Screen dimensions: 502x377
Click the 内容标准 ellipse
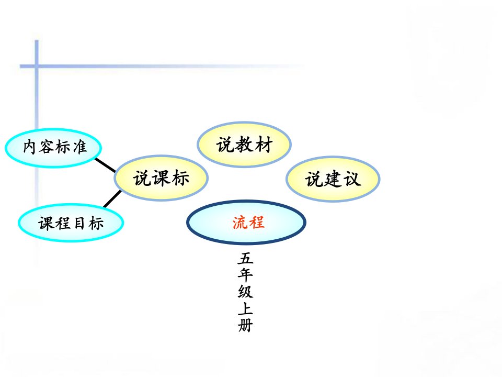pyautogui.click(x=53, y=148)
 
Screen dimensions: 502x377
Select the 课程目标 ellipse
pyautogui.click(x=71, y=223)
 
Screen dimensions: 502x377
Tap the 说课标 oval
pyautogui.click(x=162, y=178)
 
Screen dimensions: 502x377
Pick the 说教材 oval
pyautogui.click(x=244, y=145)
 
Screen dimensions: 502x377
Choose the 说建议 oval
pyautogui.click(x=333, y=179)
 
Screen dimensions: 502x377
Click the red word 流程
pyautogui.click(x=248, y=222)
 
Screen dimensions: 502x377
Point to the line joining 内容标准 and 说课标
pyautogui.click(x=105, y=165)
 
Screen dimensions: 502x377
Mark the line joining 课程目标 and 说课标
pyautogui.click(x=112, y=199)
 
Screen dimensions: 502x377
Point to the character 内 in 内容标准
pyautogui.click(x=29, y=147)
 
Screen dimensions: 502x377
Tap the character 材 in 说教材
pyautogui.click(x=264, y=145)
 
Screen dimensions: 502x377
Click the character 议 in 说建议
pyautogui.click(x=352, y=179)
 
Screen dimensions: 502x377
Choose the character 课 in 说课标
pyautogui.click(x=162, y=178)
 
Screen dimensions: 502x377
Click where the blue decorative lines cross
pyautogui.click(x=37, y=66)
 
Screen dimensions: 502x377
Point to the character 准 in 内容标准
pyautogui.click(x=79, y=147)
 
